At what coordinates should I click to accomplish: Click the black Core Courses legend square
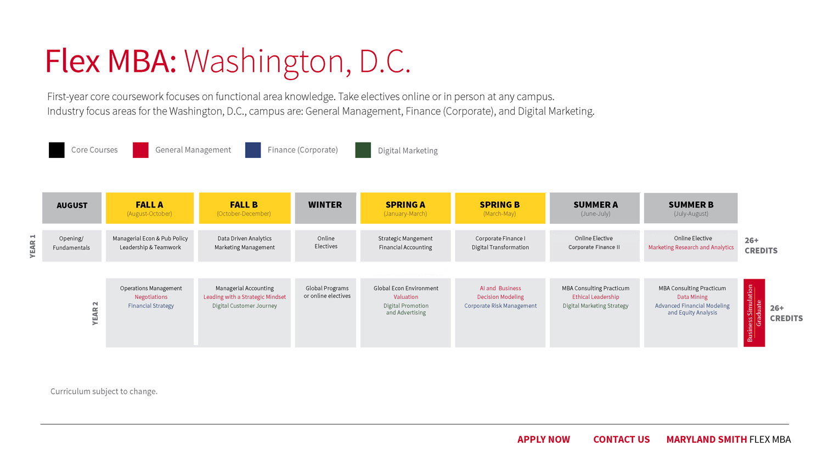pos(57,150)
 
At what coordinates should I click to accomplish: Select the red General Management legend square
pos(140,150)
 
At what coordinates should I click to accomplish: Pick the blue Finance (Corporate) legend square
pos(253,150)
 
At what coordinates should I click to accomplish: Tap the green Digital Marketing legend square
pos(363,150)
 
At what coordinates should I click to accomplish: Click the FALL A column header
pos(150,208)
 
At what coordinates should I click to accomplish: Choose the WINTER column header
pos(325,208)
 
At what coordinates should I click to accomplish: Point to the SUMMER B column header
pos(691,208)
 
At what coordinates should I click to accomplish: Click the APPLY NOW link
pos(543,439)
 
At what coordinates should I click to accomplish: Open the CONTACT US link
pos(621,439)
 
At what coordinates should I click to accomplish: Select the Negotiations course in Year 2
pos(151,297)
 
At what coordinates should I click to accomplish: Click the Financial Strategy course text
pos(151,306)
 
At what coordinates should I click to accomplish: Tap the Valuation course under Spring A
pos(405,297)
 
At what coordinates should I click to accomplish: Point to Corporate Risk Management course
pos(500,306)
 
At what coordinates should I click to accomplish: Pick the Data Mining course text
pos(692,297)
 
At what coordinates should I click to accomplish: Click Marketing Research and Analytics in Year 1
pos(691,247)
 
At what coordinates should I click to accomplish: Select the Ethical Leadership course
pos(595,297)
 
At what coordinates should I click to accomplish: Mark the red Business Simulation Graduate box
pos(754,313)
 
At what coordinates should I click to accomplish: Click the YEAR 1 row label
pos(33,246)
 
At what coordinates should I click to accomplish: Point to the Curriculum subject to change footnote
pos(104,391)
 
